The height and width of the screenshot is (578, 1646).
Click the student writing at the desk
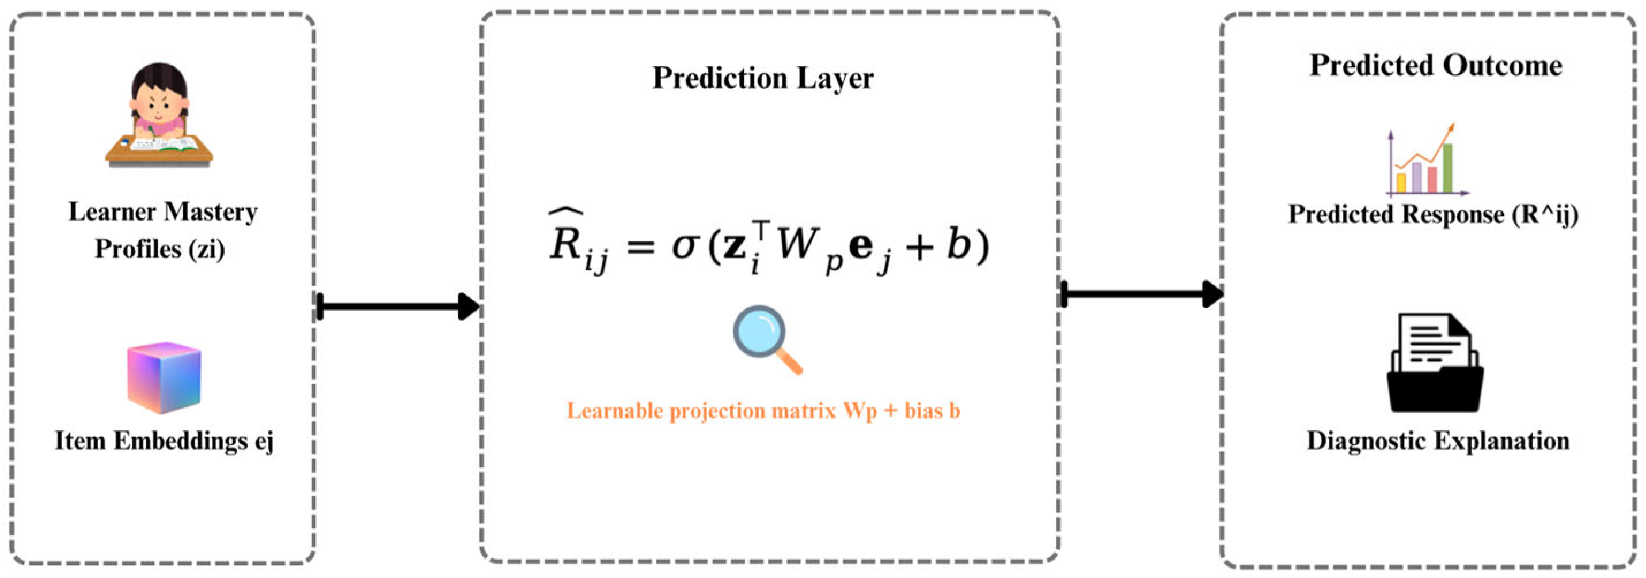point(159,115)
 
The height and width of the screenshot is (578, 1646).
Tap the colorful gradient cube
point(164,377)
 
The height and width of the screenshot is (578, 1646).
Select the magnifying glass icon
point(765,339)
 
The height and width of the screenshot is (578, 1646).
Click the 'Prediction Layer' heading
point(763,78)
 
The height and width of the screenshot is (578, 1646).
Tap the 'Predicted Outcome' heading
point(1436,65)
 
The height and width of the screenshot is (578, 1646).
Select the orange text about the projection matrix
point(763,410)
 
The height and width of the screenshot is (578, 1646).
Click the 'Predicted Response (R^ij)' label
point(1432,214)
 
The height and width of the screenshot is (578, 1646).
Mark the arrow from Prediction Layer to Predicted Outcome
point(1141,294)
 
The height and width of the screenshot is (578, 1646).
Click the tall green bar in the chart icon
point(1448,168)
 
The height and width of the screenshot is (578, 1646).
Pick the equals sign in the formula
point(641,245)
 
